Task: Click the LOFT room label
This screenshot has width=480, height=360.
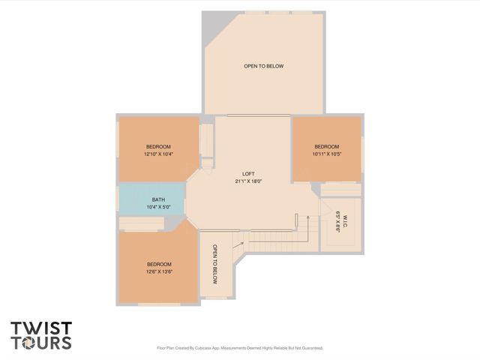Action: coord(248,174)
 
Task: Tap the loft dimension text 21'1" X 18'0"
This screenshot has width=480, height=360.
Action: coord(248,181)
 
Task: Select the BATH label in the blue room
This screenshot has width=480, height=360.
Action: coord(158,200)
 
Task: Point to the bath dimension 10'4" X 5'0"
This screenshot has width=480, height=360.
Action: coord(158,207)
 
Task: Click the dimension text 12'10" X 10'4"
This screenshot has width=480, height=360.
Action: coord(158,154)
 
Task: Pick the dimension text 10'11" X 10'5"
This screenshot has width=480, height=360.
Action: coord(327,154)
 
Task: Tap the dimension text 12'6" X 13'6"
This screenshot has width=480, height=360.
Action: coord(159,271)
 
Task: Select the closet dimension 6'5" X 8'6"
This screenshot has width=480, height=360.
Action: coord(337,222)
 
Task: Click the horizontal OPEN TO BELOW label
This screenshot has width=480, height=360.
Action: coord(263,66)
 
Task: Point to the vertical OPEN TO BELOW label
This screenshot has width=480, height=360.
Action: coord(215,264)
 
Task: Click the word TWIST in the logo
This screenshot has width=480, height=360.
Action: coord(41,328)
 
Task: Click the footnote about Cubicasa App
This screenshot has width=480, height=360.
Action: coord(240,348)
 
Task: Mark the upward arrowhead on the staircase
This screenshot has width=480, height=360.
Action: coord(308,217)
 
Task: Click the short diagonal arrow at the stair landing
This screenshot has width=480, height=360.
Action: coord(238,244)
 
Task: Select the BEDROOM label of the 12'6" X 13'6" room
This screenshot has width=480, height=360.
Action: coord(159,264)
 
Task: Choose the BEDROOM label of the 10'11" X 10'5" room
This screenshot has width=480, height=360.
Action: coord(327,147)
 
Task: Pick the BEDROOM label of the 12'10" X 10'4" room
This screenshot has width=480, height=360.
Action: coord(158,147)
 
